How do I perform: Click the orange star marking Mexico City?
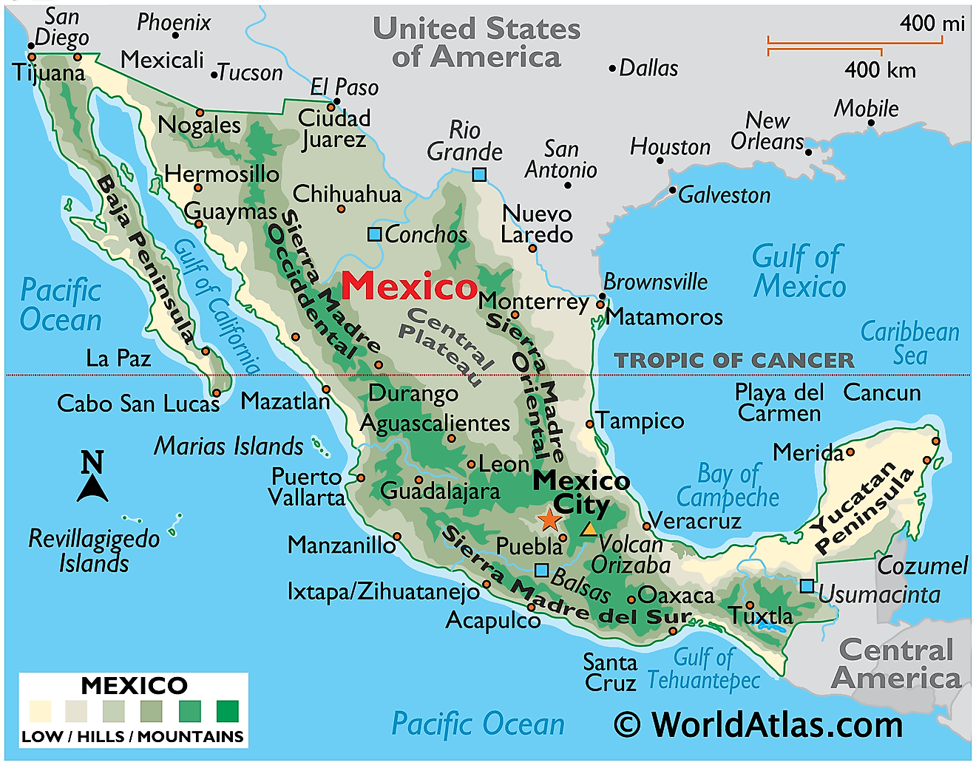coord(549,520)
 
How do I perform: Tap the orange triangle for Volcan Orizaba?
coord(589,529)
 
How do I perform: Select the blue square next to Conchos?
coord(375,234)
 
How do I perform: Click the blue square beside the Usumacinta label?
coord(807,586)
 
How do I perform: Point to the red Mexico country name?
coord(409,286)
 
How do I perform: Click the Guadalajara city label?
coord(440,491)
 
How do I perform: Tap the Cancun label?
coord(882,392)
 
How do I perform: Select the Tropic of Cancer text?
coord(734,361)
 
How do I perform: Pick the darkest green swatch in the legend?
coord(228,711)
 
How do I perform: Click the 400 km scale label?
coord(880,70)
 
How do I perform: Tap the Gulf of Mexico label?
coord(799,272)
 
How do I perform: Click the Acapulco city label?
coord(492,620)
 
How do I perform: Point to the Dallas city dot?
coord(612,69)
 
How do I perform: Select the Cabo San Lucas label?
coord(138,404)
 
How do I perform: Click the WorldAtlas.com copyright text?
coord(759,724)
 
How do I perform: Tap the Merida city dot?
coord(850,452)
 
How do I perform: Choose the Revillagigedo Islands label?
coord(94,551)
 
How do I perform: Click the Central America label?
coord(896,664)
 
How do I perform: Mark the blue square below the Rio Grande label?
coord(479,174)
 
